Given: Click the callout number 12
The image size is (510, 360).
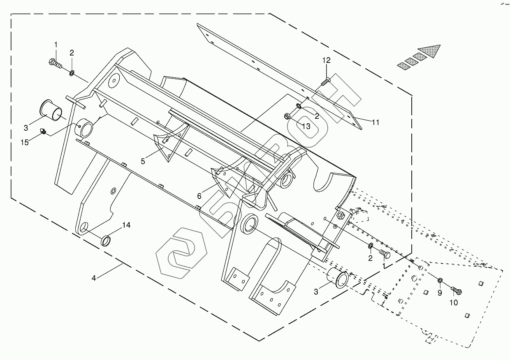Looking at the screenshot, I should (x=326, y=60).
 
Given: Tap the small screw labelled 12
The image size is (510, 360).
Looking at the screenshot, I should (x=325, y=82).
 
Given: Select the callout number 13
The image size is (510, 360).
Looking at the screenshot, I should (x=306, y=126).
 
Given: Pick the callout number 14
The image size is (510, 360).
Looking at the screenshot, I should (x=126, y=225).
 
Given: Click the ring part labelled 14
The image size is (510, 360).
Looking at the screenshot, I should (x=106, y=240).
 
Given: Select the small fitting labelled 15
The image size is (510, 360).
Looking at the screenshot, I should (x=42, y=131).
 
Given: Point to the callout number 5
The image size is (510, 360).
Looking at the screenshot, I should (x=143, y=162).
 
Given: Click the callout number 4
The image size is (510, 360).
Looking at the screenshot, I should (x=94, y=278).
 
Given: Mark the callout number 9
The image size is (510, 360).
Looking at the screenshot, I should (x=439, y=293).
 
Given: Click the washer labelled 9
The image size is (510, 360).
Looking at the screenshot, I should (x=440, y=281).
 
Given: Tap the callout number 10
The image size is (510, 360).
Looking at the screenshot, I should (x=453, y=303).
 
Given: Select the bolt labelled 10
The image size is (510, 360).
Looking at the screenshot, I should (x=457, y=291).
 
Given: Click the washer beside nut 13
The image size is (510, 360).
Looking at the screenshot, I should (x=299, y=107).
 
